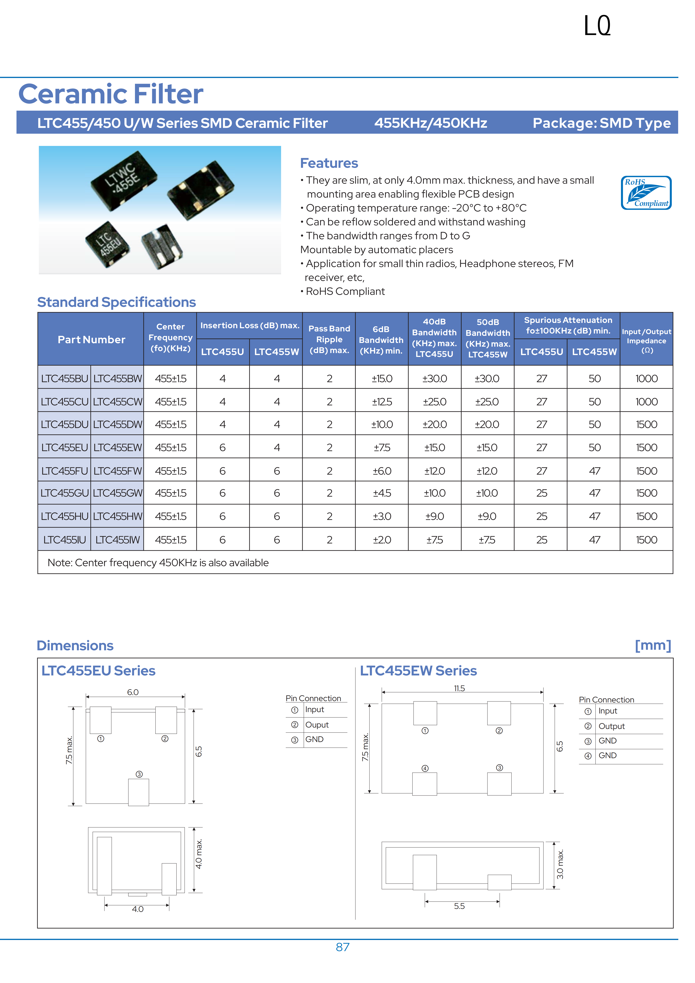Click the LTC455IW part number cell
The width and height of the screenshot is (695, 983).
(x=117, y=540)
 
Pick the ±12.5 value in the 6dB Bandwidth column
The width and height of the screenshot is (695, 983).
(x=381, y=402)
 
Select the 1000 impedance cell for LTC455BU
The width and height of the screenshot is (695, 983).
(x=646, y=379)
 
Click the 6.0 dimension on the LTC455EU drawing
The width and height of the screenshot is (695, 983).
(x=133, y=692)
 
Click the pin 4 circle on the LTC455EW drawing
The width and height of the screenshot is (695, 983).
(x=425, y=768)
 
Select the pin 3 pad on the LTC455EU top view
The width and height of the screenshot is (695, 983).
(x=139, y=792)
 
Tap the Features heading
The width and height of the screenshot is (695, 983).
(x=329, y=163)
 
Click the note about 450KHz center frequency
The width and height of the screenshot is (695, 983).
(x=158, y=563)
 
